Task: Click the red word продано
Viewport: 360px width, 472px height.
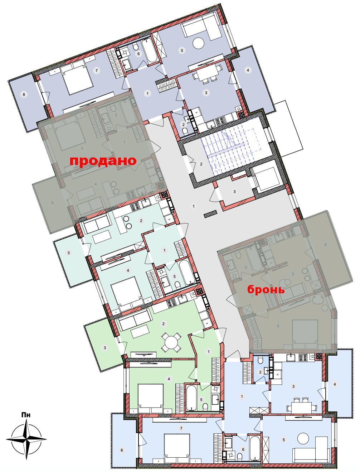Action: pos(103,161)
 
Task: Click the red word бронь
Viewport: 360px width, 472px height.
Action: pos(266,289)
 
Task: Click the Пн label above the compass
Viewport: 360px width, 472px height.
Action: pos(26,415)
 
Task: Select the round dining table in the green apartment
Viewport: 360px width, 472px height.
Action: pos(171,343)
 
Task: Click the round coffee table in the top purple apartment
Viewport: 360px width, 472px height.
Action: pos(198,43)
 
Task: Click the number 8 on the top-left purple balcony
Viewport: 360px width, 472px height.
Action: pos(24,95)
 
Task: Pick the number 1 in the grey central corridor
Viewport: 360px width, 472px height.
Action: pos(194,206)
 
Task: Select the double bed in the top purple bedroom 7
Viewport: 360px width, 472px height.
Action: pos(77,77)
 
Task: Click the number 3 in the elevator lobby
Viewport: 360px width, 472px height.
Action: pos(234,192)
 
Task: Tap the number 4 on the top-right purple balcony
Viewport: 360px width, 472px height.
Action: pos(248,70)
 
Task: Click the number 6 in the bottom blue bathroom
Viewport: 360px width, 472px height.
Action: pos(243,449)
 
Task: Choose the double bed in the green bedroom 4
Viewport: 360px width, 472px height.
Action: pos(151,399)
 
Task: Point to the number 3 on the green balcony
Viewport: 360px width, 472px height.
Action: pos(105,348)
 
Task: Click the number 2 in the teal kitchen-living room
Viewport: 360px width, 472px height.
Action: pos(141,221)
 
